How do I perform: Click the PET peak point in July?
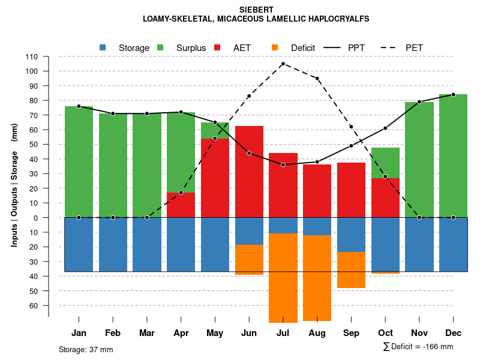283,64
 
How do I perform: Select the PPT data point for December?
453,94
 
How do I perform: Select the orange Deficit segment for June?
249,259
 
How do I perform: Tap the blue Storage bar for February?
113,244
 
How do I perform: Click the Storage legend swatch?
103,47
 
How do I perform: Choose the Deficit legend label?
303,48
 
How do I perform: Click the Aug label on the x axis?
317,333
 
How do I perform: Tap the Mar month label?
147,333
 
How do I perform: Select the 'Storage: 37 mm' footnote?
86,349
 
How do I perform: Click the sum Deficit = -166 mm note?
418,347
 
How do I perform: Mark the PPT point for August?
317,162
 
